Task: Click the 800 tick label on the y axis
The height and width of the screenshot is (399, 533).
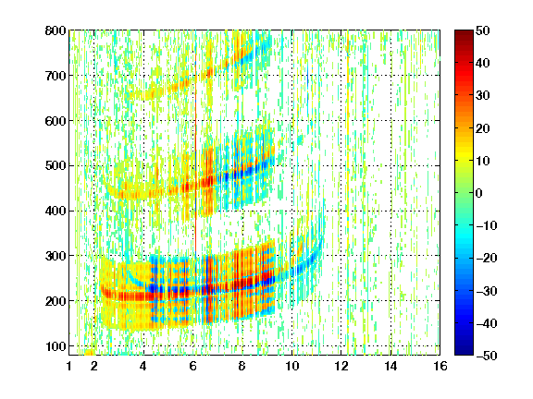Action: tap(56, 30)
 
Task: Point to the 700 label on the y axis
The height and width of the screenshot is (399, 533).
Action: tap(56, 76)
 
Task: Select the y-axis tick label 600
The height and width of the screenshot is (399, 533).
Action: tap(56, 121)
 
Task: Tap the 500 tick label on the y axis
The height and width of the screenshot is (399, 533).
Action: tap(56, 166)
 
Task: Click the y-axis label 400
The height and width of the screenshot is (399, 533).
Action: tap(56, 211)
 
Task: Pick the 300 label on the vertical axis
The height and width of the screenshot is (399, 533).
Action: tap(56, 256)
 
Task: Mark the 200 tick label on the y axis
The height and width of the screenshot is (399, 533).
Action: tap(56, 301)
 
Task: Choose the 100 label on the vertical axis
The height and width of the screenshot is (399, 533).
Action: tap(56, 346)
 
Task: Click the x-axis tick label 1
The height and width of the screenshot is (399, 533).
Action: tap(69, 366)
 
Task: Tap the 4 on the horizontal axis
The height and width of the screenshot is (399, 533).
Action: tap(143, 366)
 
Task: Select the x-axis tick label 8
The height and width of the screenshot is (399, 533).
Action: tap(242, 366)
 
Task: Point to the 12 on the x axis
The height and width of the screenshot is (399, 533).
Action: tap(341, 366)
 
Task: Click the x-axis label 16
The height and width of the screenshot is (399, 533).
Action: tap(440, 366)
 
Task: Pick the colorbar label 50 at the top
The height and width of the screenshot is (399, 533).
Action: tap(483, 30)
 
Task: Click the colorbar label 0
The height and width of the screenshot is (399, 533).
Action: tap(479, 193)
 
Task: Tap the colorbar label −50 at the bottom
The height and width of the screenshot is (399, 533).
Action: tap(487, 356)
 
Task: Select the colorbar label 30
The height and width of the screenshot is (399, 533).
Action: tap(483, 96)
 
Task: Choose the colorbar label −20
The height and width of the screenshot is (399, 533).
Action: tap(487, 259)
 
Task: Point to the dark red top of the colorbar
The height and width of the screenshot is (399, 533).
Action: tap(464, 36)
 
